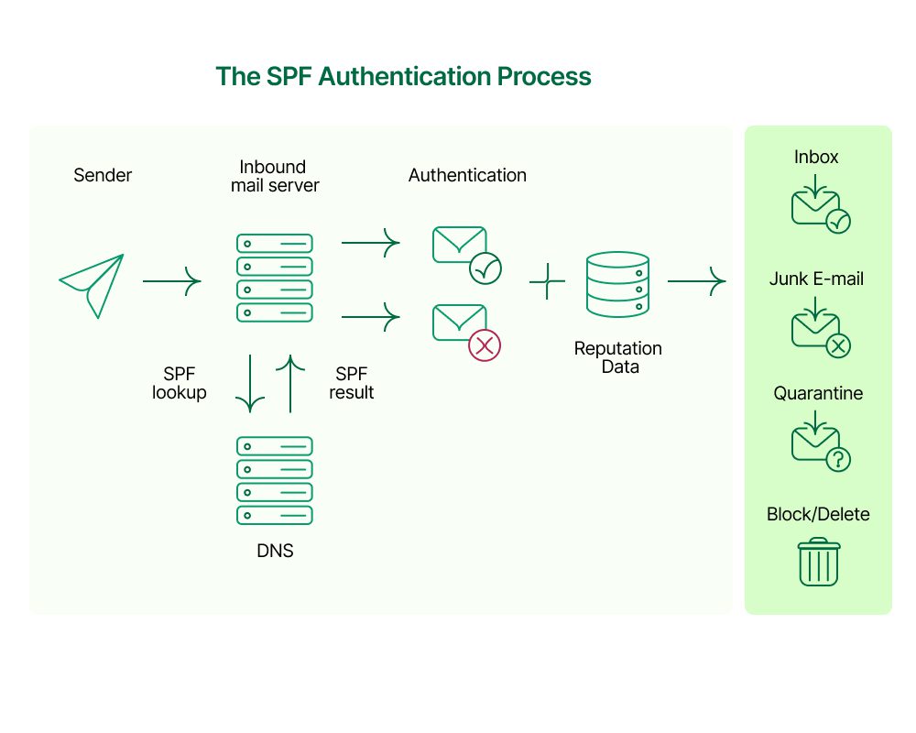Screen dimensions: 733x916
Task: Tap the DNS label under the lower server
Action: pos(275,552)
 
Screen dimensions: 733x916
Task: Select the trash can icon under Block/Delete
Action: pos(818,562)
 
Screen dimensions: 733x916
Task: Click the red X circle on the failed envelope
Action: pos(485,345)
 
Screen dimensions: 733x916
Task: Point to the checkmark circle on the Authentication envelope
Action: pos(485,268)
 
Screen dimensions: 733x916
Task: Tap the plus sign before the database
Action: pos(547,281)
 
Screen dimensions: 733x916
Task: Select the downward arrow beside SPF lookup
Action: pos(250,384)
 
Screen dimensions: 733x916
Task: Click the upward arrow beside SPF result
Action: pos(289,384)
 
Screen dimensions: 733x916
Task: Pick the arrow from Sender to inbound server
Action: pos(171,281)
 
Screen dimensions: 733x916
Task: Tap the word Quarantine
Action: pos(818,394)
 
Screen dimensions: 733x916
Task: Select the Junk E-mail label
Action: pos(816,279)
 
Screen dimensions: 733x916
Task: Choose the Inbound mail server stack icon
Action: pos(275,278)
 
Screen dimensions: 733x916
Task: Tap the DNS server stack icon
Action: pos(275,480)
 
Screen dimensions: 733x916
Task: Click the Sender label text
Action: pos(103,175)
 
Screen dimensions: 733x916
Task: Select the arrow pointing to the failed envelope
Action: pos(371,318)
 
